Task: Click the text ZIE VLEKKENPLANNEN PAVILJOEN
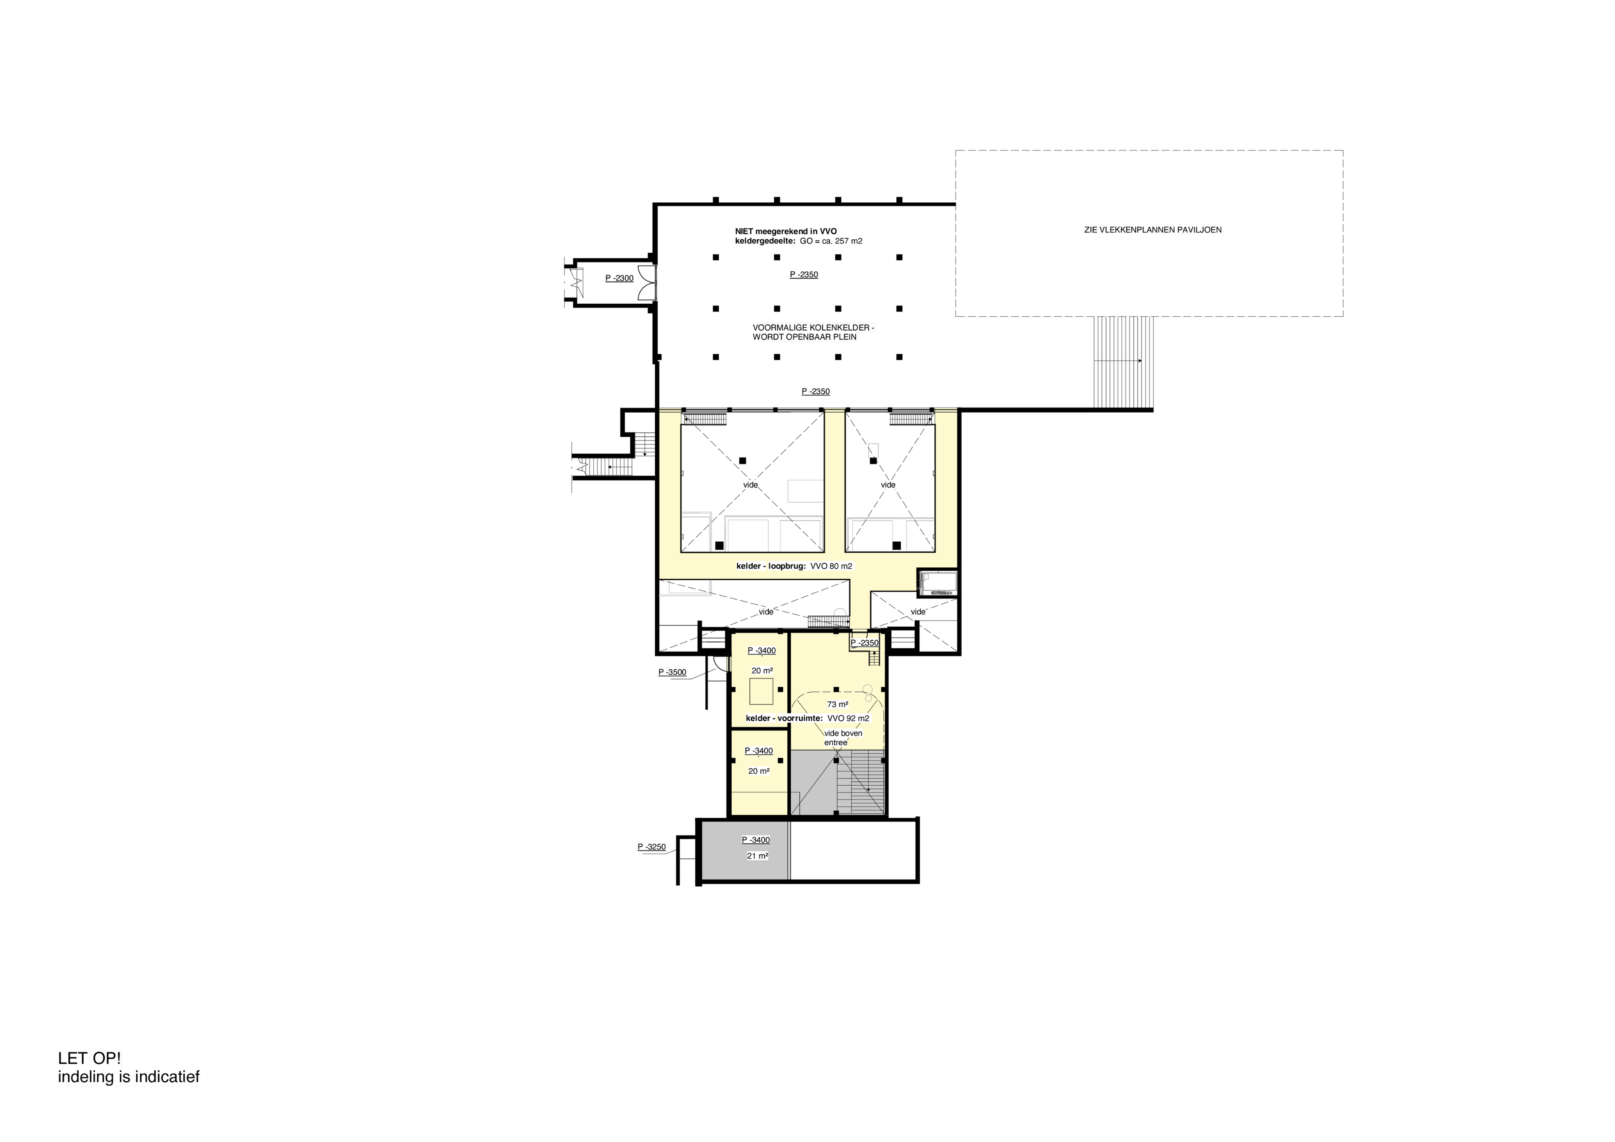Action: pos(1152,230)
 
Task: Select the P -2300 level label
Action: pos(619,278)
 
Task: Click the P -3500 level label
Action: pos(672,673)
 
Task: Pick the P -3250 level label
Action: pos(651,847)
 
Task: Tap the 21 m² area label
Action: pos(757,856)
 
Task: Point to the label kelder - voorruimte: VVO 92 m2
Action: pos(807,718)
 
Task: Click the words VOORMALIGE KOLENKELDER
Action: pos(813,328)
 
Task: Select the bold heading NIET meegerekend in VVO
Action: pos(786,231)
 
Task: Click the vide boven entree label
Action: pos(843,737)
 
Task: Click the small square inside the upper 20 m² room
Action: pos(762,692)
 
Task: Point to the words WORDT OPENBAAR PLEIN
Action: pos(805,337)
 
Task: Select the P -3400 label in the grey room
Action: pos(756,840)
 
